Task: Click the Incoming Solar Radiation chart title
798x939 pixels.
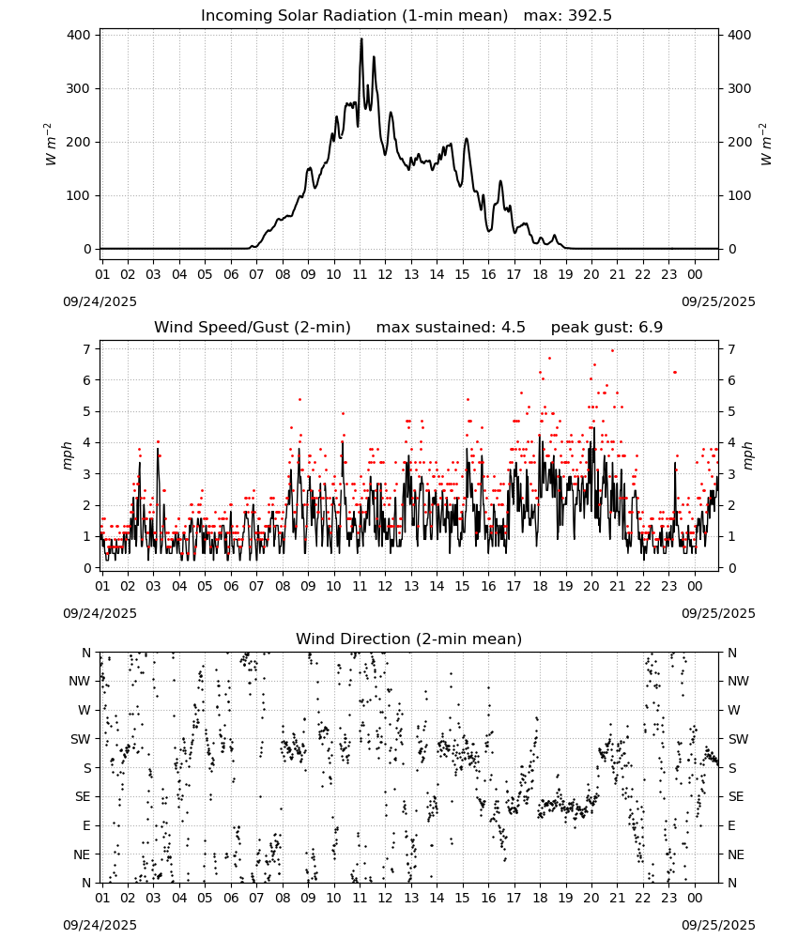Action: click(x=354, y=16)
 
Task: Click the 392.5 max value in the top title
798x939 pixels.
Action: click(x=590, y=16)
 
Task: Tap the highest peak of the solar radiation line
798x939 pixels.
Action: click(x=361, y=38)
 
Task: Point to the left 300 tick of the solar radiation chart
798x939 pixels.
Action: click(x=79, y=88)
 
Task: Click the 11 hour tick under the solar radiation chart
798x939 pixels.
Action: click(x=360, y=274)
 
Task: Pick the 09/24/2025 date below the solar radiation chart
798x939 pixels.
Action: click(x=100, y=301)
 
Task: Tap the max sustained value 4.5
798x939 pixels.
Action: click(x=513, y=328)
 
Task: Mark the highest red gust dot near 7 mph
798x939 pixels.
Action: click(x=612, y=351)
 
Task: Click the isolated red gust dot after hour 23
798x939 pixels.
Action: click(x=675, y=373)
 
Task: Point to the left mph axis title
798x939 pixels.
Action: click(x=67, y=455)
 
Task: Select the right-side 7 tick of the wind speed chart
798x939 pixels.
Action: click(x=731, y=349)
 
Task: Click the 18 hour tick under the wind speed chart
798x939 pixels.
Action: click(x=540, y=586)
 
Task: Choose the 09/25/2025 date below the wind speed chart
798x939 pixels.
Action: click(x=718, y=613)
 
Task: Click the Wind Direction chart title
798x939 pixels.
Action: click(x=409, y=639)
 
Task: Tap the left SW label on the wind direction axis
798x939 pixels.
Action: click(x=80, y=739)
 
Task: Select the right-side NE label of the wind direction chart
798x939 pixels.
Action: click(x=736, y=854)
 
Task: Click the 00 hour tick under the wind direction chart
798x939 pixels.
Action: click(x=695, y=898)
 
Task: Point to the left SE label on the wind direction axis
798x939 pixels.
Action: click(x=83, y=796)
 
